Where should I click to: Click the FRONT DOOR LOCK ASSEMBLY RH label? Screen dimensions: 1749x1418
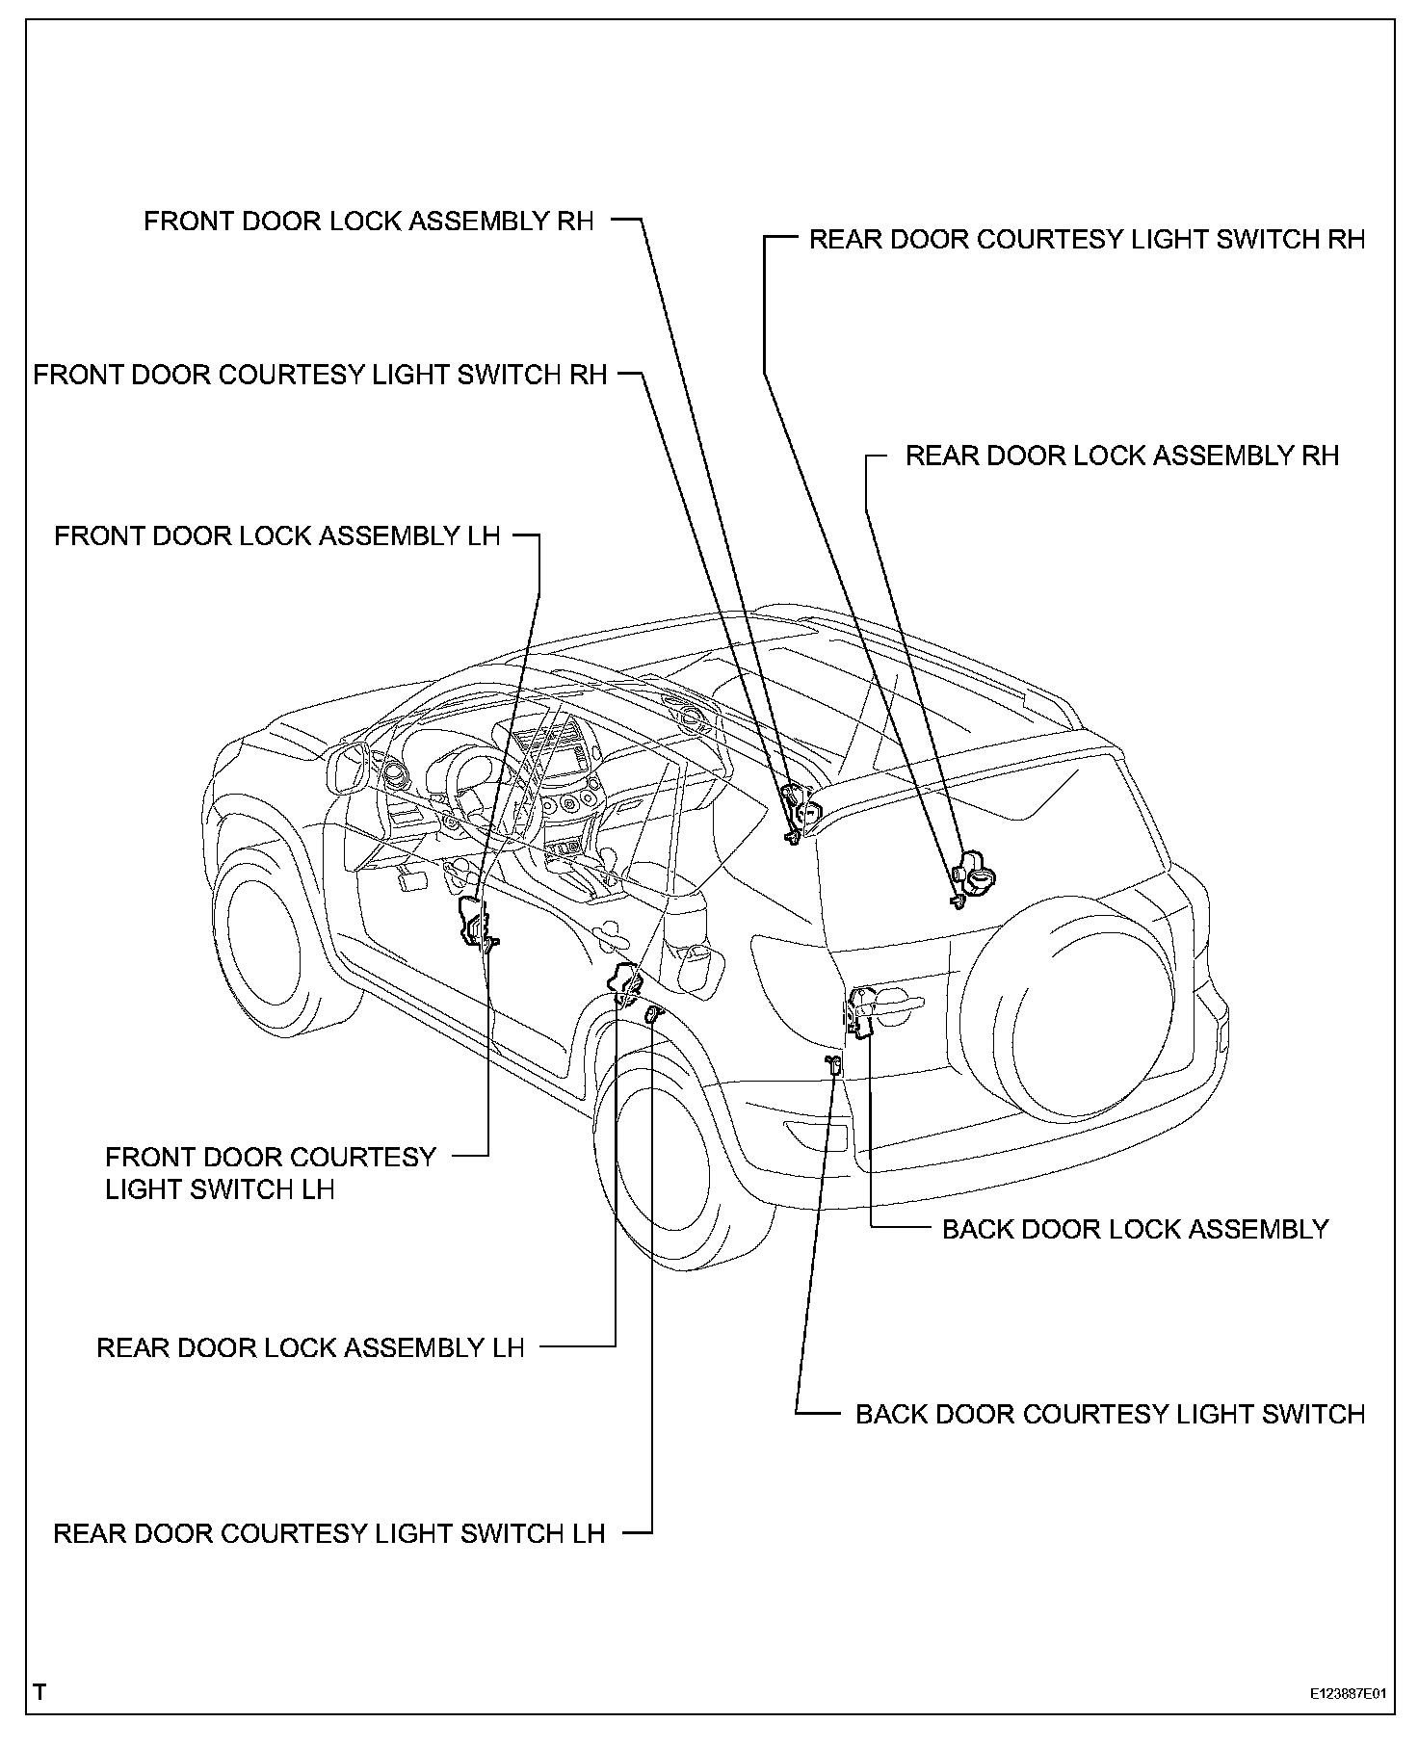point(369,222)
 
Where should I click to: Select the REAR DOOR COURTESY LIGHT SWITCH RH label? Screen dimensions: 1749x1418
point(1087,240)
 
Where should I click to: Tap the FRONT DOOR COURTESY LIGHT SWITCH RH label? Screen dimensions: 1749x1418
point(320,375)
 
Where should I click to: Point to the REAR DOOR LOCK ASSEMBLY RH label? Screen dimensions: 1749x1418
point(1121,456)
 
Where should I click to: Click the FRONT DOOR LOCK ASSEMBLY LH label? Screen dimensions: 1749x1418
point(277,535)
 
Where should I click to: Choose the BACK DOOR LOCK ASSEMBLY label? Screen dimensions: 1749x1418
point(1135,1229)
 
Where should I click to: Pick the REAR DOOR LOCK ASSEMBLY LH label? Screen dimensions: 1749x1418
point(310,1347)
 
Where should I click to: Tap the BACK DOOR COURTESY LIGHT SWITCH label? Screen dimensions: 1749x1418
point(1110,1414)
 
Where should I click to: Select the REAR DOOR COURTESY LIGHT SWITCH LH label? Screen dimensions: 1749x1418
point(328,1533)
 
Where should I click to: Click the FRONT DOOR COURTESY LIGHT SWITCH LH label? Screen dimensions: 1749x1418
point(270,1173)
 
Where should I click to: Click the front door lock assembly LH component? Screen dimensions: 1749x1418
point(475,921)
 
